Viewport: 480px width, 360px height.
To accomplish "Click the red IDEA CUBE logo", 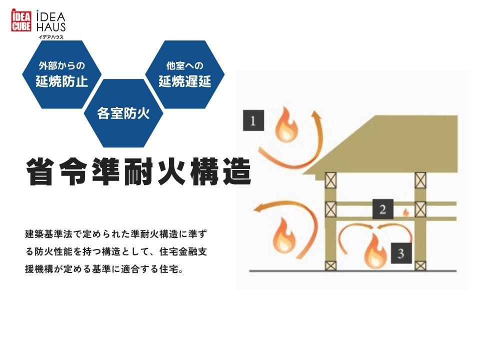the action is tap(21, 20).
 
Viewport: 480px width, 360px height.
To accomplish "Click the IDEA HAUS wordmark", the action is tap(51, 22).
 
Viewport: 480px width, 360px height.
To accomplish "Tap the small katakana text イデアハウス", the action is tap(51, 37).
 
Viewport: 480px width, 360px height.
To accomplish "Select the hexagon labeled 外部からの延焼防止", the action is tap(62, 74).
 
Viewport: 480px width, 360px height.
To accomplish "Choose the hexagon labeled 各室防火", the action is tap(123, 113).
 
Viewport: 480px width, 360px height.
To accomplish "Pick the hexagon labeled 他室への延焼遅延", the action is tap(184, 74).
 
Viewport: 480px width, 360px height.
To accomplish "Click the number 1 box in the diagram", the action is tap(253, 120).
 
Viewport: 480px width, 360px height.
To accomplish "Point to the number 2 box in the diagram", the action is tap(382, 209).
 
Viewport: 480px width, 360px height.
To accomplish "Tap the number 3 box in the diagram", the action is tap(401, 253).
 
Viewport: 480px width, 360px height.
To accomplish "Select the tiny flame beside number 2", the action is tap(405, 212).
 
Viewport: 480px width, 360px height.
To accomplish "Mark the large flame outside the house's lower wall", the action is tap(284, 235).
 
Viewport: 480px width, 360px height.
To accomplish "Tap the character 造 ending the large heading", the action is tap(236, 171).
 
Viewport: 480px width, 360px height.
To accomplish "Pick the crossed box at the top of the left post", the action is tap(330, 180).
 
